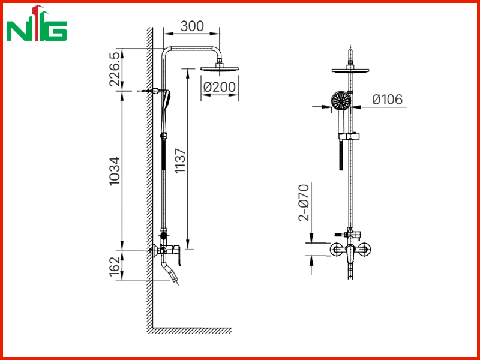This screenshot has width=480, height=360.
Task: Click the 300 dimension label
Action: point(192,26)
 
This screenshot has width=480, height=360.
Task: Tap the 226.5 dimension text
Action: point(115,69)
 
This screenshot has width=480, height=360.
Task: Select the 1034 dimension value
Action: point(115,171)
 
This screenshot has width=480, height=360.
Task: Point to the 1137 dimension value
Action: point(181,161)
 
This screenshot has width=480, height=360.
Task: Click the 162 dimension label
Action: point(115,266)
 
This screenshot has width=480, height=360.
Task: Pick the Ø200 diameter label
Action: point(220,87)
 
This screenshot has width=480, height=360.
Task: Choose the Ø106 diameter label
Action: point(387,100)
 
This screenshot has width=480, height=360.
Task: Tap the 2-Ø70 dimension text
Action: point(304,202)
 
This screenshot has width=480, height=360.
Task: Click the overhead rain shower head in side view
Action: point(220,69)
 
